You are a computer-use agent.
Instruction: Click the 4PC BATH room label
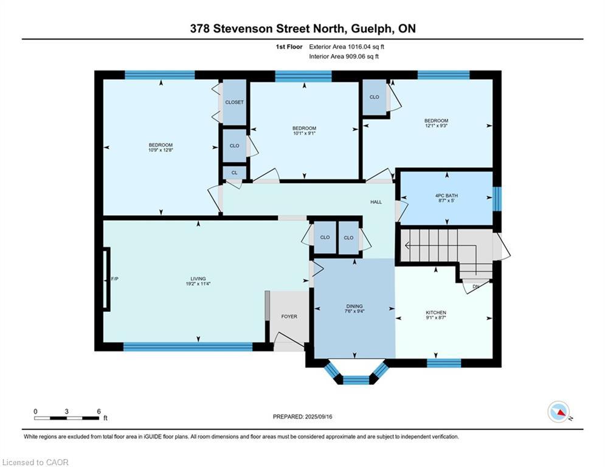pyautogui.click(x=446, y=196)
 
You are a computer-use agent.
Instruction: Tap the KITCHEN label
pyautogui.click(x=436, y=313)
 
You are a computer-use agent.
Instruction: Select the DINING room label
pyautogui.click(x=354, y=306)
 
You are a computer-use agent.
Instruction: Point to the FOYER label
pyautogui.click(x=289, y=316)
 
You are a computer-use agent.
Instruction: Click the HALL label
pyautogui.click(x=376, y=202)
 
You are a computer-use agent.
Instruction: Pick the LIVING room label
pyautogui.click(x=198, y=278)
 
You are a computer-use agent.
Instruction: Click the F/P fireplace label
pyautogui.click(x=114, y=278)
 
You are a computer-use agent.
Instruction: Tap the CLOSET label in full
pyautogui.click(x=235, y=102)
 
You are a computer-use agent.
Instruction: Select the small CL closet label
pyautogui.click(x=235, y=173)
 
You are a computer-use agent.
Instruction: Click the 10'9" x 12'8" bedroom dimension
pyautogui.click(x=161, y=150)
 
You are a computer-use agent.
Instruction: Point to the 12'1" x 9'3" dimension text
pyautogui.click(x=437, y=125)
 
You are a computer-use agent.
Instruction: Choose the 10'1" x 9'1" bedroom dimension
pyautogui.click(x=305, y=133)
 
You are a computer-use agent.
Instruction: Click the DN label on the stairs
pyautogui.click(x=475, y=286)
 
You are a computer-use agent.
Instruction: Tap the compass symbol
pyautogui.click(x=559, y=412)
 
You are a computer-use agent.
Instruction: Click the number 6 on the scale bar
pyautogui.click(x=99, y=412)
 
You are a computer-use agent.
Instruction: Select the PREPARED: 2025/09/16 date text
pyautogui.click(x=303, y=417)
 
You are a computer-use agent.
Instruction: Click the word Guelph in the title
pyautogui.click(x=372, y=29)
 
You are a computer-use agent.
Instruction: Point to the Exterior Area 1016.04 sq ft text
pyautogui.click(x=347, y=47)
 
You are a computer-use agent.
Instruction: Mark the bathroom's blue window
pyautogui.click(x=497, y=199)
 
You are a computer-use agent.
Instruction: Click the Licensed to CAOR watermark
pyautogui.click(x=35, y=462)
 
